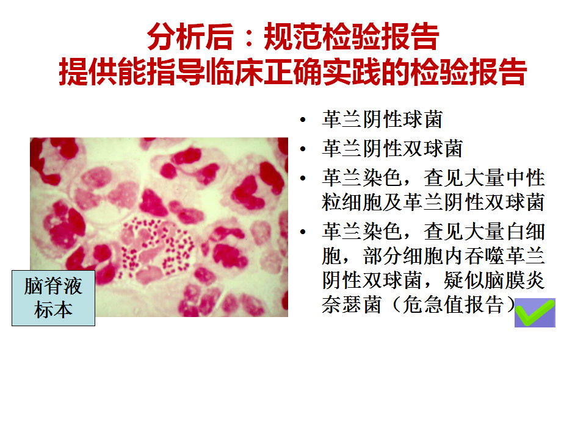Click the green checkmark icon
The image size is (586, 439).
[535, 313]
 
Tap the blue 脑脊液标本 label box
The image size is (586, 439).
[54, 298]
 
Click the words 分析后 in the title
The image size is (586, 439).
[190, 37]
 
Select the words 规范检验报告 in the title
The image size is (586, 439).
[352, 37]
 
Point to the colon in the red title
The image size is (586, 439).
[249, 38]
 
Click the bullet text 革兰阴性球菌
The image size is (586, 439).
[382, 120]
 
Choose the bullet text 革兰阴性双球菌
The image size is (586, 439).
[392, 149]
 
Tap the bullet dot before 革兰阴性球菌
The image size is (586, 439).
[303, 120]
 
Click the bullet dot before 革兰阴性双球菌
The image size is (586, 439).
[303, 149]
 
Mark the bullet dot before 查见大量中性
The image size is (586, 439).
[303, 178]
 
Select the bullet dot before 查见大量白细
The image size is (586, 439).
[303, 232]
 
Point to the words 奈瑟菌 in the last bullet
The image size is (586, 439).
[352, 305]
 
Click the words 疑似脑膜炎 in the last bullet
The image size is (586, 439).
[494, 280]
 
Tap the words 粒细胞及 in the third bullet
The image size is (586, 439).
[362, 202]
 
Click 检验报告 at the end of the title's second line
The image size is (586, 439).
[469, 72]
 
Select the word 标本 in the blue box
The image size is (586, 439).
[54, 310]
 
